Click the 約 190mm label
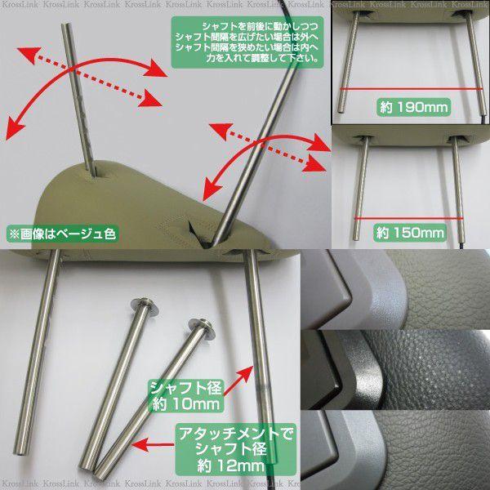(x=413, y=107)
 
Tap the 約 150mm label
(x=410, y=233)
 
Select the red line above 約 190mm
(x=411, y=89)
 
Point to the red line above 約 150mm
(x=408, y=218)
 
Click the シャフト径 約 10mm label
(x=186, y=396)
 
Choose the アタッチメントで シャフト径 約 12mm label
(x=235, y=449)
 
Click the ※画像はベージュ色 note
(x=62, y=234)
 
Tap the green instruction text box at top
(x=247, y=42)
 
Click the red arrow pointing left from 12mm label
(x=153, y=444)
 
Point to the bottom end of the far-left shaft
(x=19, y=452)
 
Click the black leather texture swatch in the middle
(x=396, y=370)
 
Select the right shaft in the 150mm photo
(x=458, y=189)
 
